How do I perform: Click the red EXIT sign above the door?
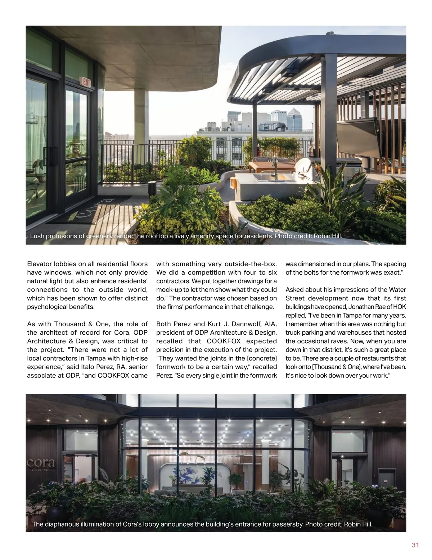point(86,82)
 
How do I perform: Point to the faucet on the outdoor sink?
point(275,164)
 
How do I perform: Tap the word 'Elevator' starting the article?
point(39,264)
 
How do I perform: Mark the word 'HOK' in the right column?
point(399,307)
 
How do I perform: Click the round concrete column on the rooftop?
point(141,119)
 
